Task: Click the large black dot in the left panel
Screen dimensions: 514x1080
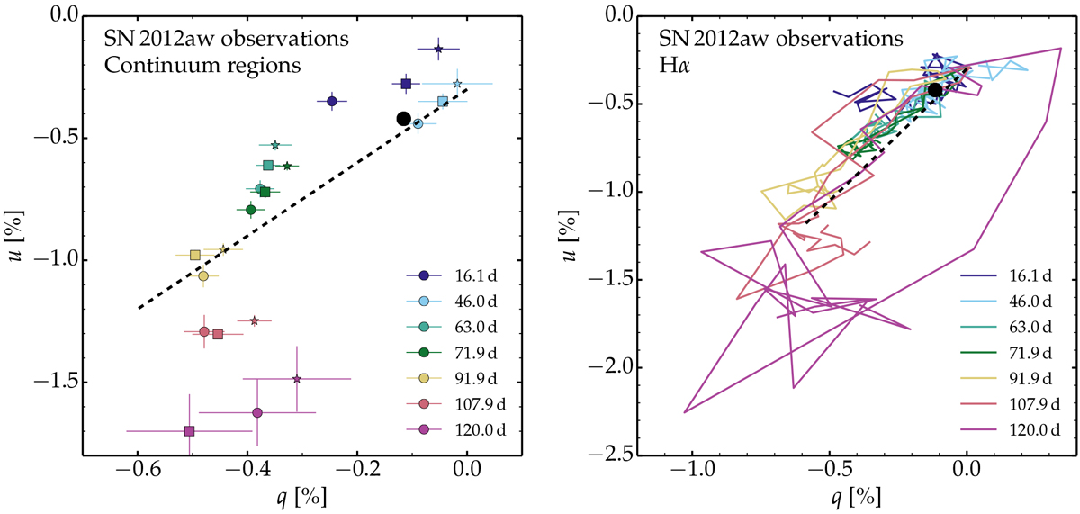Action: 403,118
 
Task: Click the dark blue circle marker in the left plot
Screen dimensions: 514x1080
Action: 332,102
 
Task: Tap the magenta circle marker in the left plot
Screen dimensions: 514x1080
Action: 257,412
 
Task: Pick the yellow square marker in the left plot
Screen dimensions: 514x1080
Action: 195,255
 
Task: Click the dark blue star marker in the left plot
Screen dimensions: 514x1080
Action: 438,49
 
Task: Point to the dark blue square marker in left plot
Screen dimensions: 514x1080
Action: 406,84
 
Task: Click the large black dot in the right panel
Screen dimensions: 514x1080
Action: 935,89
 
